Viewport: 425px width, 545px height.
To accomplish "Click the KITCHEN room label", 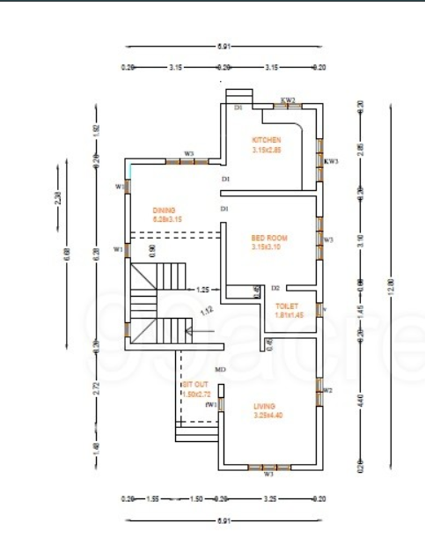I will [x=266, y=141].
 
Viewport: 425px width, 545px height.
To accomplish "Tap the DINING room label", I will [x=164, y=210].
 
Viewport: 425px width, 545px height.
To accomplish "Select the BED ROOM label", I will [x=269, y=238].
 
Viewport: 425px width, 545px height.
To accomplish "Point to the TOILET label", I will [x=287, y=306].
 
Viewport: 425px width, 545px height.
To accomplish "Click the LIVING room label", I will [x=264, y=406].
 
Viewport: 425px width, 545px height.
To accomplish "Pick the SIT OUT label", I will [x=195, y=385].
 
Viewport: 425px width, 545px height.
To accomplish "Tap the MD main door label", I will [x=220, y=370].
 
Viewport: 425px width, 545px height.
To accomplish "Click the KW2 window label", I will [x=288, y=100].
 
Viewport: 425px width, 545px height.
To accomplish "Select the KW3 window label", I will [x=331, y=161].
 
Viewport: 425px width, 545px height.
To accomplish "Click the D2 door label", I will [x=275, y=288].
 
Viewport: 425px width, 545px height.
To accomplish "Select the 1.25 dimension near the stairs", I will [x=202, y=289].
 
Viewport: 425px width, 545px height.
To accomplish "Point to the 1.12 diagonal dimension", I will [x=208, y=310].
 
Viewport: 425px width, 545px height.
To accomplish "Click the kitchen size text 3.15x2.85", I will [x=266, y=150].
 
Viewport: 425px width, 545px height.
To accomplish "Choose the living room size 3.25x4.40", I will [x=264, y=415].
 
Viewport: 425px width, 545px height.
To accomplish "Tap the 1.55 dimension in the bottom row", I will [x=152, y=498].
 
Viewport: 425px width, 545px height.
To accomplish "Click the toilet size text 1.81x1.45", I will [x=288, y=314].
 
